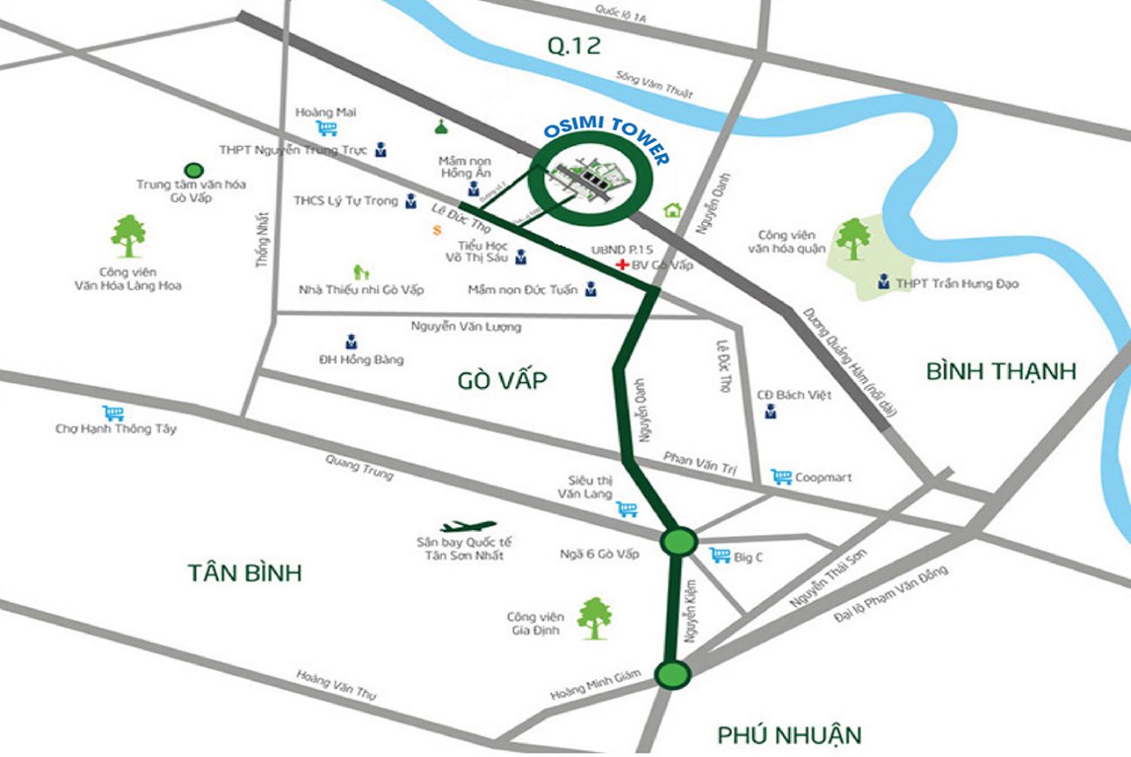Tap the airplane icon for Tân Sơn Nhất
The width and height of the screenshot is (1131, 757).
click(x=467, y=526)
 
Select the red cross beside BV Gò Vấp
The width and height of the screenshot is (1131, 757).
click(x=621, y=265)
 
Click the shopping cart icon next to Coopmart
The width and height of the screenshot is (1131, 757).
click(x=781, y=477)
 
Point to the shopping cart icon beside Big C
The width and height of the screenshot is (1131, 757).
click(x=719, y=554)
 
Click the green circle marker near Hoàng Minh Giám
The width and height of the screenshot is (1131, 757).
click(x=672, y=673)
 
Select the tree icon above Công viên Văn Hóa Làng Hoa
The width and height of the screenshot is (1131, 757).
click(x=129, y=236)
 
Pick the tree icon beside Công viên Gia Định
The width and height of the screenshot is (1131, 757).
click(x=593, y=617)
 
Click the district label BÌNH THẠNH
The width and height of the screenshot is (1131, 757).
click(x=1000, y=372)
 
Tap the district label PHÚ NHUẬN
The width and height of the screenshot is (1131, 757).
click(x=789, y=734)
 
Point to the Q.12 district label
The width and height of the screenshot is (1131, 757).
click(x=573, y=46)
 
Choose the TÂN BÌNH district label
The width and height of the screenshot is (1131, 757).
click(x=244, y=573)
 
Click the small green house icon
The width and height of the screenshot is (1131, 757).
click(x=672, y=210)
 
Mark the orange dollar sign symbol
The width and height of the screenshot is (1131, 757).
click(x=436, y=231)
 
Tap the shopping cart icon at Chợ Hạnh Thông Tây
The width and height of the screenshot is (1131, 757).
click(x=113, y=412)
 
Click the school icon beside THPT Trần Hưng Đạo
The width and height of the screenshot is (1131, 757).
click(x=884, y=282)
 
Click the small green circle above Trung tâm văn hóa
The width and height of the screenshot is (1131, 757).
click(x=194, y=170)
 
